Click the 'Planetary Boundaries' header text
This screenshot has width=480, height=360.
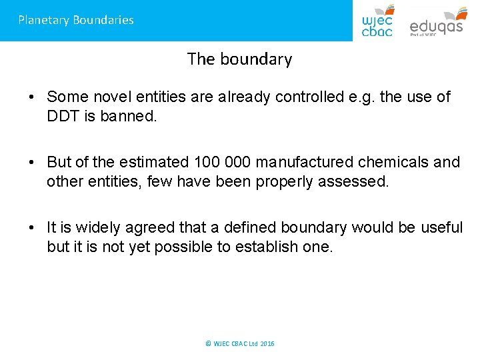[x=76, y=20]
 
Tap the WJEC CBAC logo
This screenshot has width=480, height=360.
[x=377, y=21]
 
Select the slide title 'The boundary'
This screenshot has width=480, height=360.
[x=239, y=59]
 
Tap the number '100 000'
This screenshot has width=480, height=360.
[x=222, y=162]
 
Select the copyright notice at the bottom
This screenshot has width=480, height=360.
[x=240, y=343]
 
